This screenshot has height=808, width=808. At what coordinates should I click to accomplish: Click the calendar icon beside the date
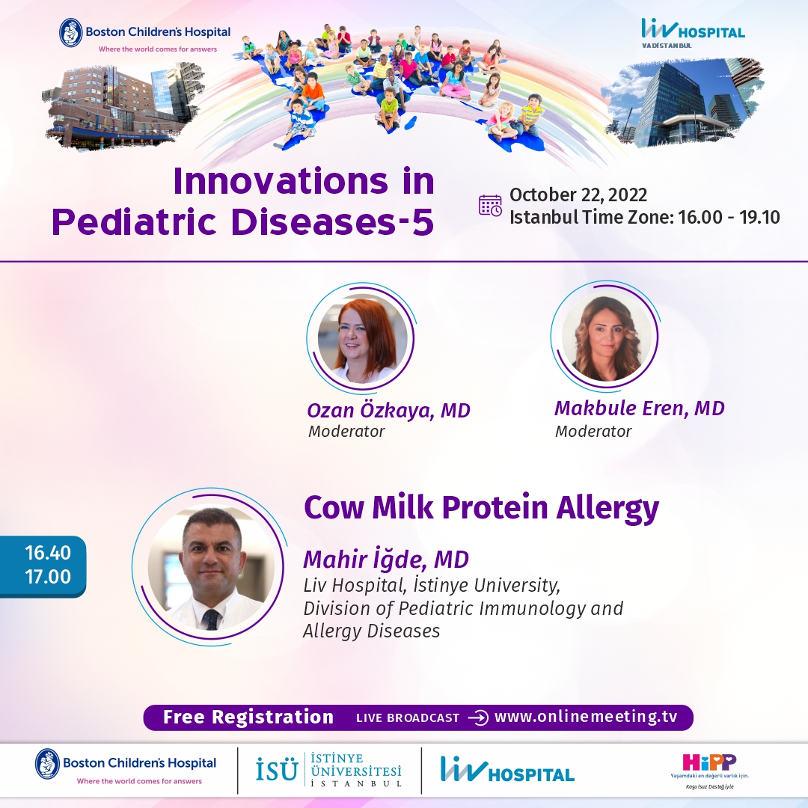click(x=490, y=206)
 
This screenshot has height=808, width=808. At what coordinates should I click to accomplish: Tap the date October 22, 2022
click(x=578, y=195)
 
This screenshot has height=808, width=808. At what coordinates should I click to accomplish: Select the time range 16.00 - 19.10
click(x=729, y=217)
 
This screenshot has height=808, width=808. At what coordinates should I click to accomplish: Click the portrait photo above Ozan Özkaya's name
click(x=362, y=339)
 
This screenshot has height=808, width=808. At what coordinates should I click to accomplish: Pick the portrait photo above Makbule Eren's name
click(x=606, y=337)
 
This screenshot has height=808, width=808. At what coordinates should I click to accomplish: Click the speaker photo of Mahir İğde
click(x=211, y=566)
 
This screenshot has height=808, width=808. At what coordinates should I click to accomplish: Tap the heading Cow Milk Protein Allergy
click(x=481, y=507)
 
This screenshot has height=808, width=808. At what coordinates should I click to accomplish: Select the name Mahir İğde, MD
click(x=386, y=559)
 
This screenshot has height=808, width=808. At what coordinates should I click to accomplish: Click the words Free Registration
click(x=248, y=717)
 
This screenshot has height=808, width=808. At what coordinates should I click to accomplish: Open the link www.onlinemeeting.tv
click(x=585, y=717)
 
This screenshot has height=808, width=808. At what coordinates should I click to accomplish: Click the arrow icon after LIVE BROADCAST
click(x=477, y=717)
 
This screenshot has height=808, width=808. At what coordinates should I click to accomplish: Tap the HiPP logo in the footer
click(x=709, y=770)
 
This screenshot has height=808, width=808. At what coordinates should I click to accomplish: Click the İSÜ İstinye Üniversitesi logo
click(x=328, y=770)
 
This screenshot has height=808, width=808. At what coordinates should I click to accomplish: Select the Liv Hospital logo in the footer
click(x=507, y=770)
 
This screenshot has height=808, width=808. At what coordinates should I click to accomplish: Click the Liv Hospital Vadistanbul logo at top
click(x=693, y=33)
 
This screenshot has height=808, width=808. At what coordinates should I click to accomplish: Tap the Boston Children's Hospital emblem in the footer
click(x=47, y=763)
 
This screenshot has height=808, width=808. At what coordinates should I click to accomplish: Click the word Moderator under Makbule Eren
click(x=593, y=432)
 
